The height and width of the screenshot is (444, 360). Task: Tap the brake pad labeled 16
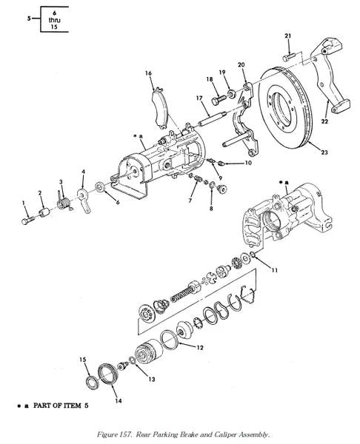(160, 108)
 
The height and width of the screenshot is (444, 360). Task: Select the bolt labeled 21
(289, 57)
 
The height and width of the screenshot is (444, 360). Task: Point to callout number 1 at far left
(24, 203)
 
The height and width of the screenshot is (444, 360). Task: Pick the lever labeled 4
(84, 199)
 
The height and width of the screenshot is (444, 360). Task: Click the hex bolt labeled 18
(219, 100)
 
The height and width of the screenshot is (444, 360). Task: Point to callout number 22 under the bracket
(324, 121)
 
